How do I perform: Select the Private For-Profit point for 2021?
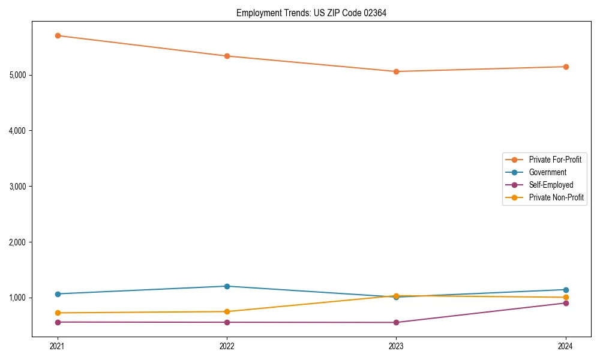[58, 35]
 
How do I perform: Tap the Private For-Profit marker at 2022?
[227, 56]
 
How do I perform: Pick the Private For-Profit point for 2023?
[396, 71]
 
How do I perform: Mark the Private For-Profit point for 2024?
[565, 67]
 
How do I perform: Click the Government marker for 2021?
[58, 294]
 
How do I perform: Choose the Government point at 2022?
[227, 286]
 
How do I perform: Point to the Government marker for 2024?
[565, 290]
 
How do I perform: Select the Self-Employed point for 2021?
[58, 322]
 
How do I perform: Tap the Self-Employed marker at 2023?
[396, 323]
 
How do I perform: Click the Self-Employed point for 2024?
[565, 303]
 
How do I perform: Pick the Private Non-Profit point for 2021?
[58, 313]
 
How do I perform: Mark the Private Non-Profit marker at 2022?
[227, 311]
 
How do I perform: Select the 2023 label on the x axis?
[396, 346]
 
